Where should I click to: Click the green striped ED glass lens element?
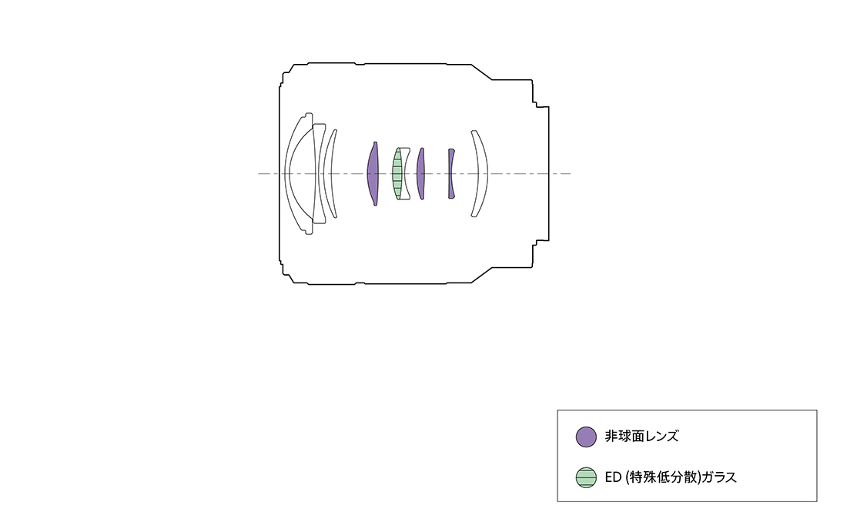(397, 173)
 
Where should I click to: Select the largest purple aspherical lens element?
(373, 173)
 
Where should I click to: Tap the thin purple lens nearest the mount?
(450, 173)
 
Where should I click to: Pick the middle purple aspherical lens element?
(420, 173)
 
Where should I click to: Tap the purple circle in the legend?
(586, 437)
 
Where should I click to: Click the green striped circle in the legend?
(586, 477)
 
